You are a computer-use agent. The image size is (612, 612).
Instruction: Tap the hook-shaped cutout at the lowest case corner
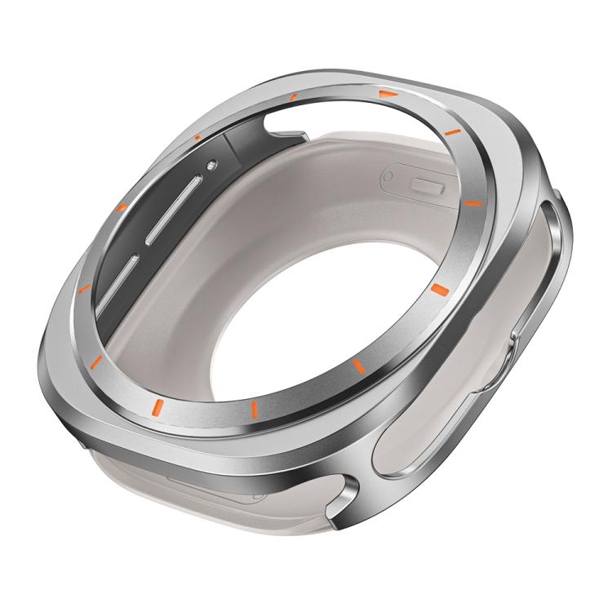(x=343, y=498)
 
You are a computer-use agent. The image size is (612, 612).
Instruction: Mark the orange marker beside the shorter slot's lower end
(x=86, y=287)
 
